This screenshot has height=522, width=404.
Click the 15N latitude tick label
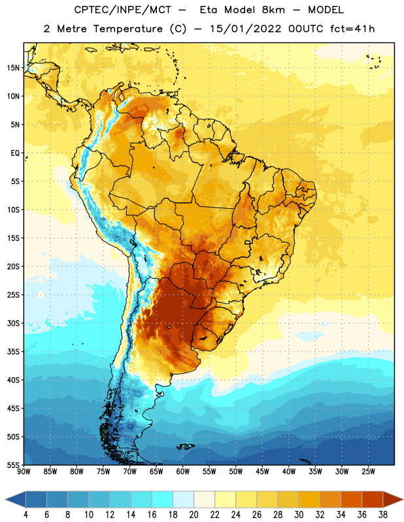tap(13, 68)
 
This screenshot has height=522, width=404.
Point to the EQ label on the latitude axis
tap(15, 153)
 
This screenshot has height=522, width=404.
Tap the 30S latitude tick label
tap(13, 323)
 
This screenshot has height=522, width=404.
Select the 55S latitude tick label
tap(13, 465)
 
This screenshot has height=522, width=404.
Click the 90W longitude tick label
tap(24, 472)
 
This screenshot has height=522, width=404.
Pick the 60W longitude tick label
tap(183, 472)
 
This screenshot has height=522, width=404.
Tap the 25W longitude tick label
tap(368, 472)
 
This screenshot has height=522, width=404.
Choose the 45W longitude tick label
tap(262, 472)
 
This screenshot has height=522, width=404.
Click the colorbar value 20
tap(194, 515)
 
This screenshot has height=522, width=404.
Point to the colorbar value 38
tap(383, 515)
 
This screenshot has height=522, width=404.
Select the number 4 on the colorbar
tap(25, 515)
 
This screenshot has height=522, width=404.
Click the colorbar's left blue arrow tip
tap(5, 499)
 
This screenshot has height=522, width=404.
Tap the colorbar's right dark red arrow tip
tap(403, 499)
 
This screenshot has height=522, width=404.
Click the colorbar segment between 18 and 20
tap(183, 499)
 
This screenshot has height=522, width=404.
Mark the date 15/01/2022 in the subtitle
tap(246, 29)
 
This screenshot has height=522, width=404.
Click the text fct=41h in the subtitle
tap(352, 29)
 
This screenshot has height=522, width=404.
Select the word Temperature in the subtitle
tap(127, 29)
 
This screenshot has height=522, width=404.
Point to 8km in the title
tap(273, 10)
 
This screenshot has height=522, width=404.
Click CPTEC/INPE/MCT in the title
tap(122, 10)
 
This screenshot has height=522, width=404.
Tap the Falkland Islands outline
tap(186, 446)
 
